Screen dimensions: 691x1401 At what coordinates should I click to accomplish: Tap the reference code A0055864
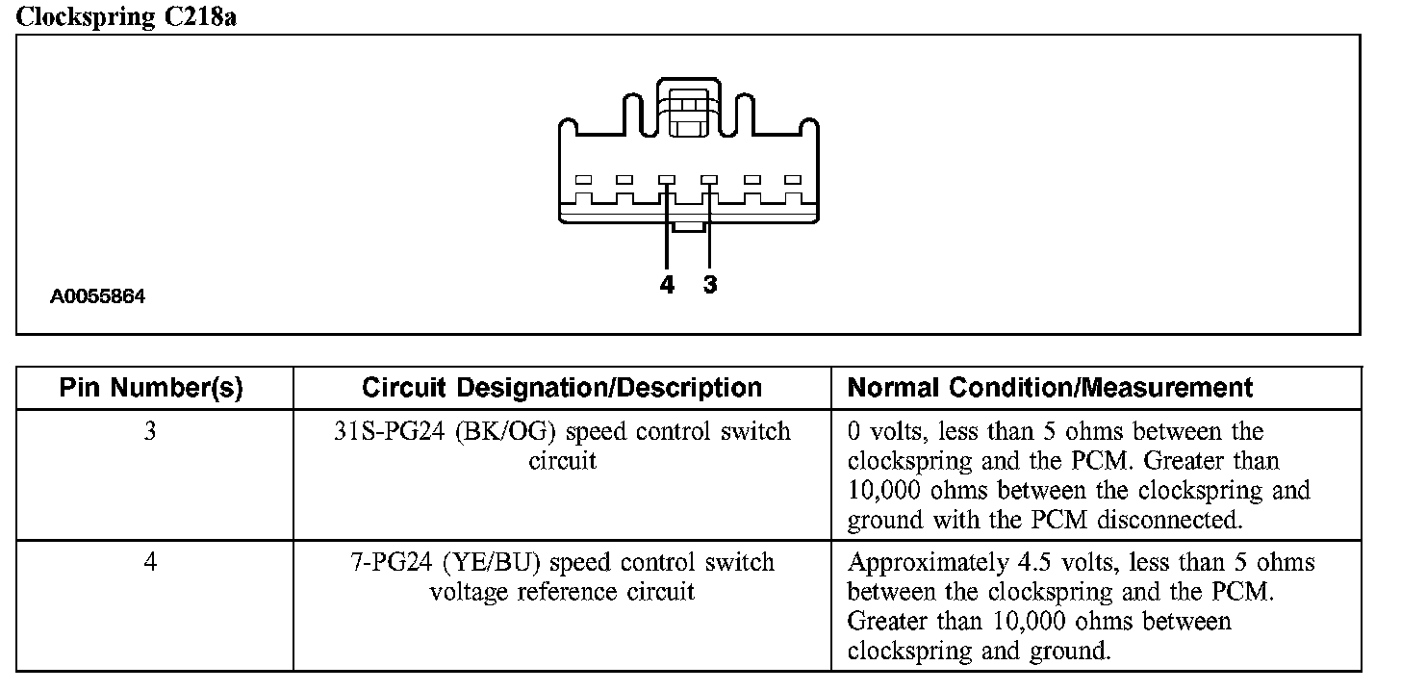click(x=98, y=297)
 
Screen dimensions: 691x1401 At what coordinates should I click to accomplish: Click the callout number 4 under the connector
click(x=667, y=285)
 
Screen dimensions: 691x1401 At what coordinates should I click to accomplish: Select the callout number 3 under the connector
click(x=710, y=285)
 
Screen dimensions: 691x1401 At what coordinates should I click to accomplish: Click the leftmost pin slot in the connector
click(x=583, y=180)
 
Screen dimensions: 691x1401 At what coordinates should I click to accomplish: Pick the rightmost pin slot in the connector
click(x=793, y=180)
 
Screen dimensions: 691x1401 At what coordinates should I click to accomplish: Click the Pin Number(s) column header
click(x=151, y=388)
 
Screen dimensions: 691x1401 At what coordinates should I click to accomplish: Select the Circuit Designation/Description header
click(x=562, y=388)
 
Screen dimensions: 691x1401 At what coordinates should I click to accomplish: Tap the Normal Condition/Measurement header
click(x=1050, y=388)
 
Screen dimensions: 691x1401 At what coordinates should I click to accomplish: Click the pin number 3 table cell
click(x=151, y=431)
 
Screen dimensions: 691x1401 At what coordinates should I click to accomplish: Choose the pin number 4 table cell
click(x=151, y=562)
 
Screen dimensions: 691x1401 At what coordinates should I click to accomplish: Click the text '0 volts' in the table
click(x=884, y=431)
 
